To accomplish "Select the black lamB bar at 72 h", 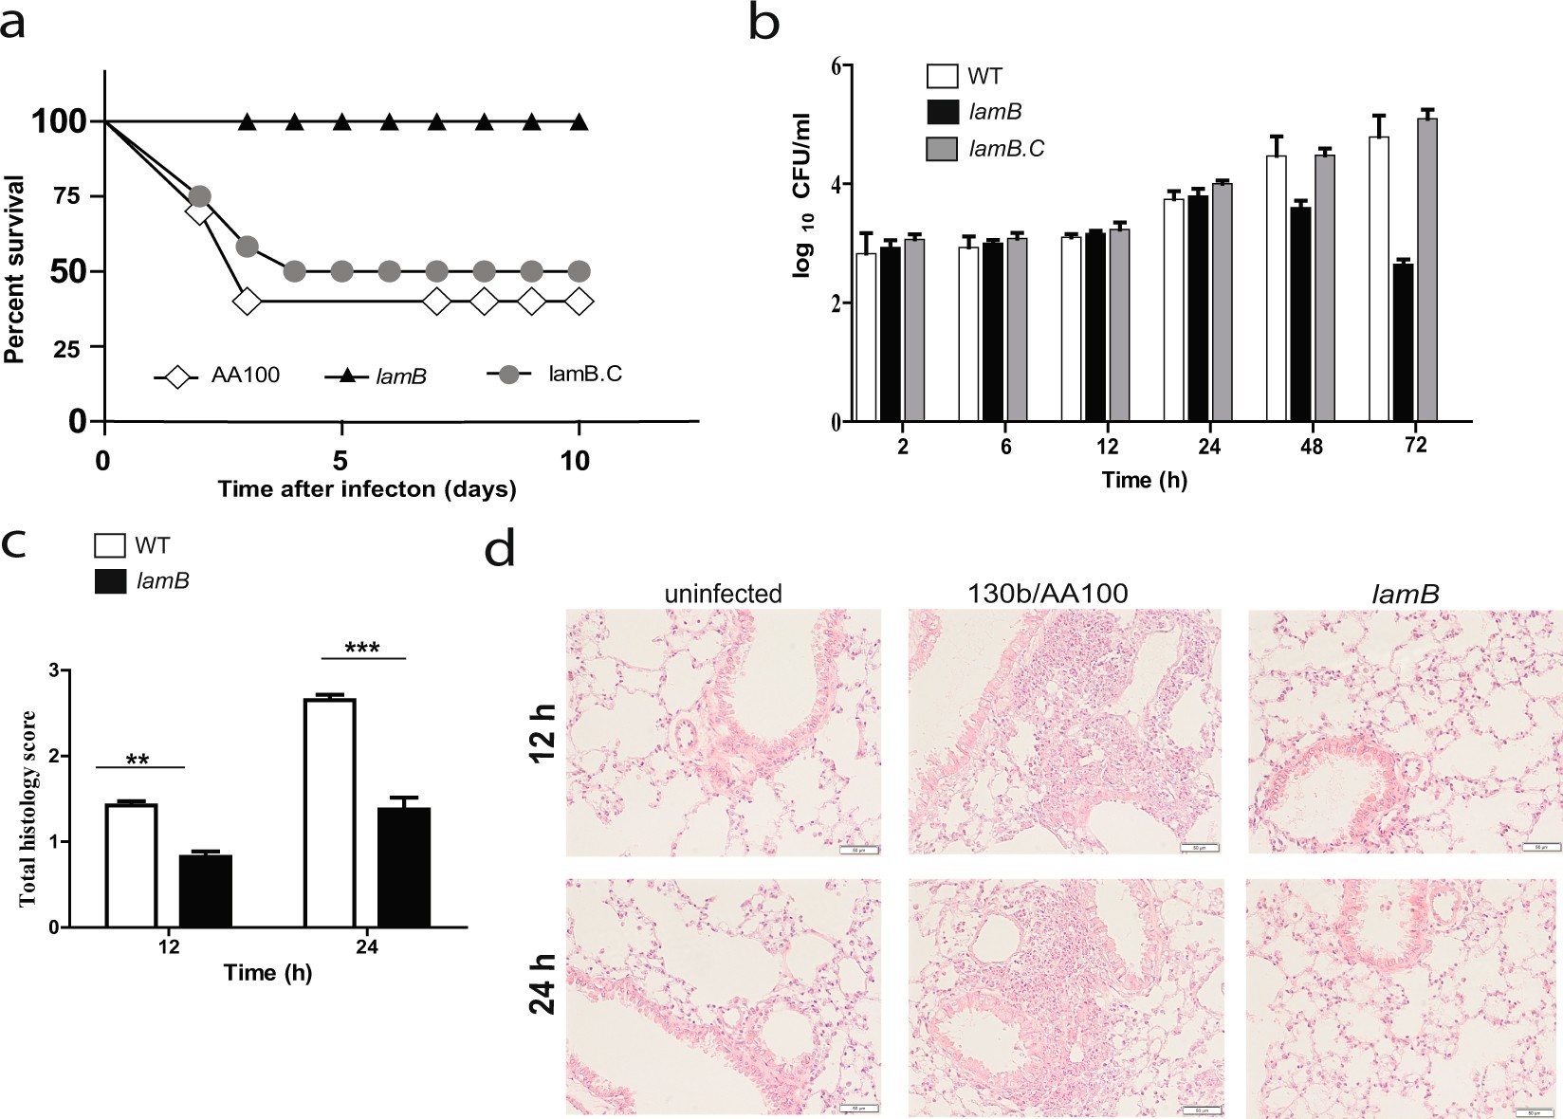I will (x=1403, y=341).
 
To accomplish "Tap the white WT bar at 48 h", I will (x=1277, y=288).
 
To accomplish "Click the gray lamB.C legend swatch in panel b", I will (x=942, y=149).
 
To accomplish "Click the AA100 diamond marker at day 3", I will (x=247, y=303).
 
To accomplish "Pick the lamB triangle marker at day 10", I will (x=579, y=122).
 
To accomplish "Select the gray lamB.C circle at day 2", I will (x=199, y=196).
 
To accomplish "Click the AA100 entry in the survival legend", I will (x=245, y=376).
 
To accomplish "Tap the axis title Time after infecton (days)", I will (x=367, y=489).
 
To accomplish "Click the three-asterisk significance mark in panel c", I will (x=362, y=649).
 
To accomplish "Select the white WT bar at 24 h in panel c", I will (x=329, y=813).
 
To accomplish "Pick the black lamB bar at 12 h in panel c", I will (x=205, y=890).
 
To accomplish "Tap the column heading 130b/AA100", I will (x=1047, y=595).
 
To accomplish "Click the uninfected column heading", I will (x=723, y=595).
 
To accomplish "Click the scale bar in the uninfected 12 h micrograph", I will (x=858, y=850).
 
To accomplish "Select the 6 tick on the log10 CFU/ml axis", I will (x=836, y=65).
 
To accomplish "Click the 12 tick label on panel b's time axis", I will (x=1107, y=447).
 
